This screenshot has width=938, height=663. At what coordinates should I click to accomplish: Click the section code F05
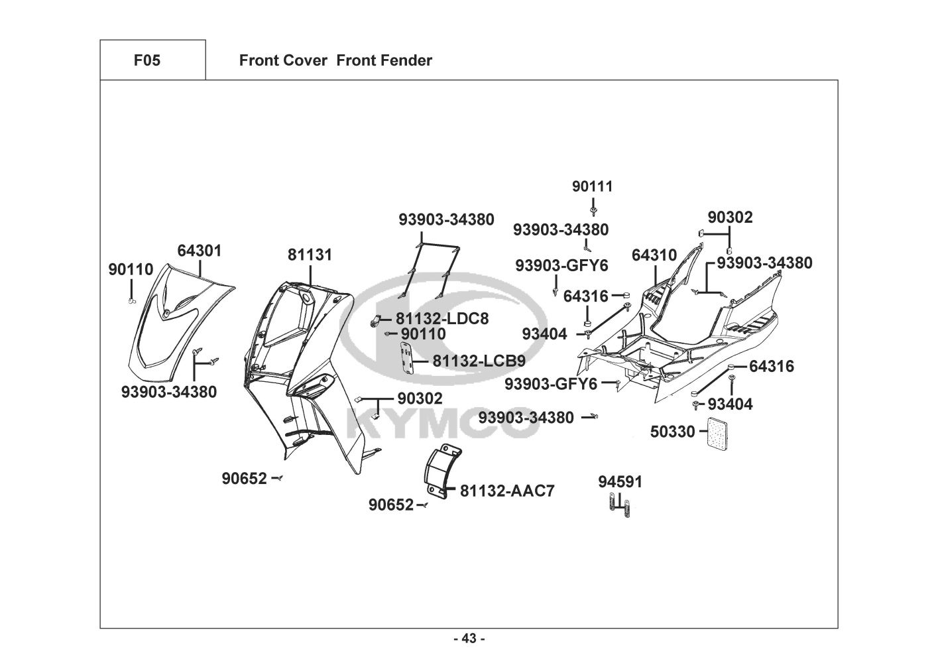click(x=147, y=61)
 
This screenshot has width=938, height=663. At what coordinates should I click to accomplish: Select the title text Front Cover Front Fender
click(x=335, y=61)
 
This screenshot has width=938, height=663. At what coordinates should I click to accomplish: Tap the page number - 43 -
click(x=469, y=638)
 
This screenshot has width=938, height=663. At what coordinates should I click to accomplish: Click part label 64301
click(x=199, y=251)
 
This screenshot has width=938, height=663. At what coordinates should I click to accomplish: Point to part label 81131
click(x=310, y=255)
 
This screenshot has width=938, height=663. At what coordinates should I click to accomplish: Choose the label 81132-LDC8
click(x=442, y=319)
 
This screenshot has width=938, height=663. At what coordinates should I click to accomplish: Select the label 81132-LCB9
click(x=479, y=361)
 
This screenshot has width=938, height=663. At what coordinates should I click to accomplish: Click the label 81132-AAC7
click(x=507, y=491)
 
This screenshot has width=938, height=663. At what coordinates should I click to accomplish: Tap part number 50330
click(x=672, y=432)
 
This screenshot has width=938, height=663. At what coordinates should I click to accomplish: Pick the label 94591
click(x=620, y=482)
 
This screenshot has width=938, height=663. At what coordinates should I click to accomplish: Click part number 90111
click(x=593, y=187)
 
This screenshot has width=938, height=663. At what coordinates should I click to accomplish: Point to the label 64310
click(x=654, y=255)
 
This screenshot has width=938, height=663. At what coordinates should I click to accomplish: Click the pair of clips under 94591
click(x=620, y=508)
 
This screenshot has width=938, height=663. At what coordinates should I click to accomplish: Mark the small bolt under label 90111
click(x=593, y=211)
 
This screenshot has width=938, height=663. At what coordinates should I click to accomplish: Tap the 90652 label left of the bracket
click(x=390, y=505)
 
